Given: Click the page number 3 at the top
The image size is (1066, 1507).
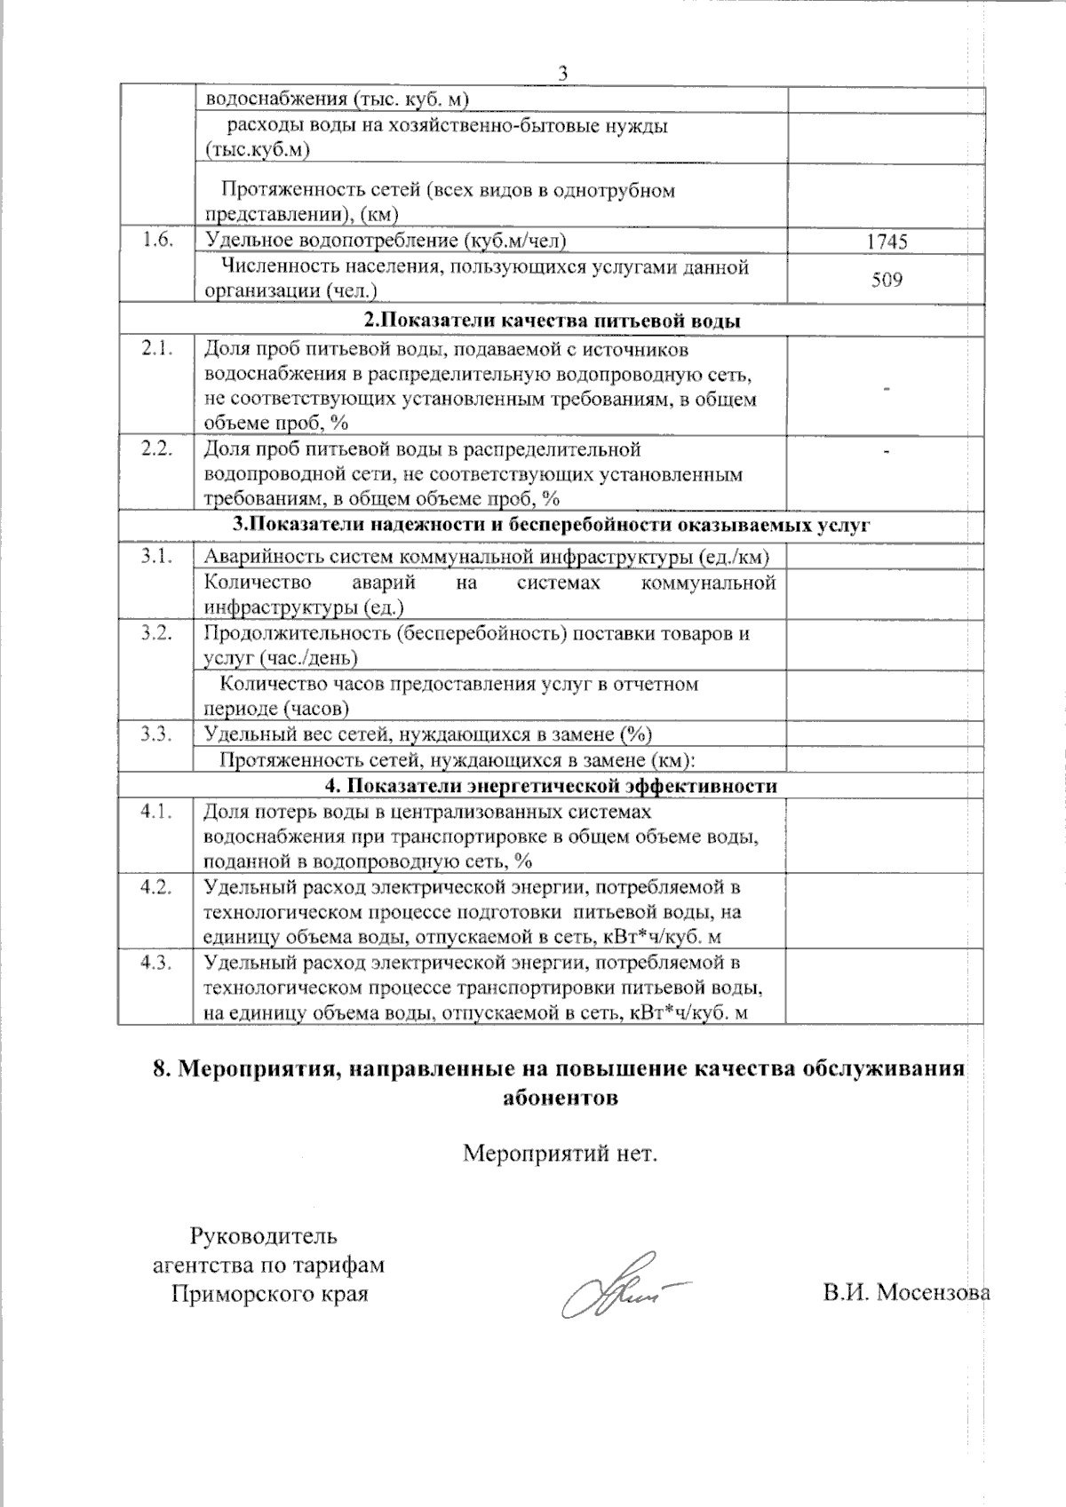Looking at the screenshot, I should (561, 73).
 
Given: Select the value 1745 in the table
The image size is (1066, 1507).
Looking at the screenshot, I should (887, 242).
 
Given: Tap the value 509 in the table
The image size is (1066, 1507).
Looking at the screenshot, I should (887, 280).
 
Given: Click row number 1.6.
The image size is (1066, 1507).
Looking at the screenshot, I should (155, 240).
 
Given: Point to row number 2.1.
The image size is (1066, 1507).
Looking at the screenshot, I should (155, 349).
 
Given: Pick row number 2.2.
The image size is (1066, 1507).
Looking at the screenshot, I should (155, 448).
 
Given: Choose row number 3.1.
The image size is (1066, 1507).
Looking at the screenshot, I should (155, 557).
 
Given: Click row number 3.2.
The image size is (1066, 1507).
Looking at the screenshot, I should (155, 633).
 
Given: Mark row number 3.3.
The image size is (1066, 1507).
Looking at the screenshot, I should (155, 734).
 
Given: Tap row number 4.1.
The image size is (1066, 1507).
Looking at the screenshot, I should (155, 811).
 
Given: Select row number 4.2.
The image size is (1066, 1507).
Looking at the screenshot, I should (155, 887).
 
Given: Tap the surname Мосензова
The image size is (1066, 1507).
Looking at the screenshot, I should (933, 1292).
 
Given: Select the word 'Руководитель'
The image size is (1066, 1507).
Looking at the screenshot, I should (264, 1235).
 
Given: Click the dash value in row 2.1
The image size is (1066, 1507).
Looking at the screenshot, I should (887, 388).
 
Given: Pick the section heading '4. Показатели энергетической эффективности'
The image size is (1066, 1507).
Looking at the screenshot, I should (552, 786).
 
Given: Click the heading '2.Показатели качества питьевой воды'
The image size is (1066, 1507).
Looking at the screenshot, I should (552, 321).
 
